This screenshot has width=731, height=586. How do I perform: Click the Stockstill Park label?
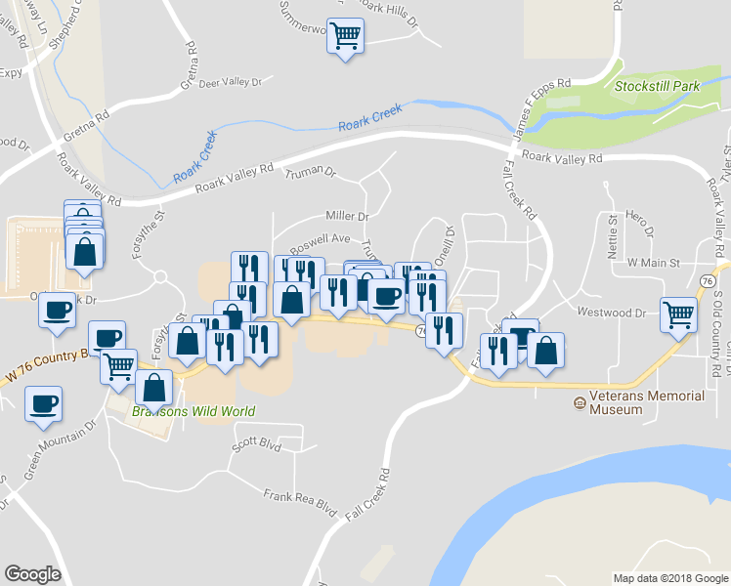[x=657, y=87]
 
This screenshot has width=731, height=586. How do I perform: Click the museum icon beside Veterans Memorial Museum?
[x=579, y=402]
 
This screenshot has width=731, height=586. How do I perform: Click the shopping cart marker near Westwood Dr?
[x=678, y=314]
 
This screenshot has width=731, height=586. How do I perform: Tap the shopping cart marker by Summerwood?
[x=344, y=37]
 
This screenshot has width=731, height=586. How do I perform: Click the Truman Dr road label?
[x=310, y=173]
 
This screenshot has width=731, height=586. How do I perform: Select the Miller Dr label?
[x=347, y=216]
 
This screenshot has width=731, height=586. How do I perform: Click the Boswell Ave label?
[x=325, y=238]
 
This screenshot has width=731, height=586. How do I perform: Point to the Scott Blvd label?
[x=256, y=443]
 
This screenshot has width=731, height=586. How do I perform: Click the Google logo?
[x=33, y=574]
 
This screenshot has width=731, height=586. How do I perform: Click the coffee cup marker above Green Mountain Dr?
[x=43, y=402]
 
